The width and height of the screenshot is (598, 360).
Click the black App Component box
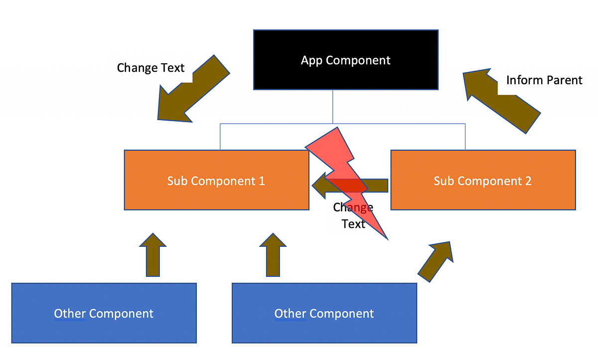tap(345, 75)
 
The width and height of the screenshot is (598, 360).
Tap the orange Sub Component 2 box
tap(482, 194)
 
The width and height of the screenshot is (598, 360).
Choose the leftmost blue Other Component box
tap(104, 327)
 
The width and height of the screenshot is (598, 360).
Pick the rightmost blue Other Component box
tap(324, 327)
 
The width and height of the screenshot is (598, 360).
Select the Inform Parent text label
tap(544, 80)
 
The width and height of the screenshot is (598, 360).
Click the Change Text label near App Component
tap(150, 67)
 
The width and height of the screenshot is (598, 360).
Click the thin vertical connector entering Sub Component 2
tap(465, 137)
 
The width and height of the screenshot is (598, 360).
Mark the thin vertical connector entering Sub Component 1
tap(220, 137)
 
